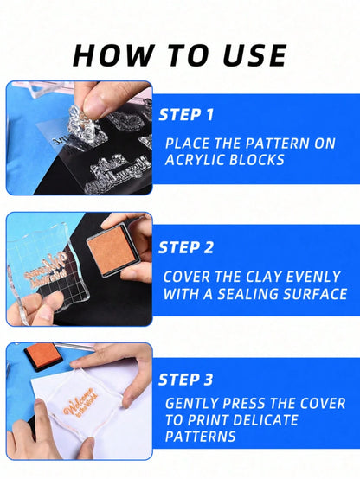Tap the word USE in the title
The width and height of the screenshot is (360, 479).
(254, 55)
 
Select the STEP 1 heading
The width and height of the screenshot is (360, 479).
(186, 115)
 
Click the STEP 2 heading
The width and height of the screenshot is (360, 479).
(186, 247)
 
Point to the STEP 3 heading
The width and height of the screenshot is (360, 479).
(186, 380)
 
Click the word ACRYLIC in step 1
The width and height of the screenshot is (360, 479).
(195, 160)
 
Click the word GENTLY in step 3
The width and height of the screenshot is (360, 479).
(191, 403)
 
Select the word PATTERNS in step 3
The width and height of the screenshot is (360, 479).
(201, 437)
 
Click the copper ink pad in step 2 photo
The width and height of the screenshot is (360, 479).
(113, 250)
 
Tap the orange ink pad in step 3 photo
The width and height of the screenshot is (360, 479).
(43, 356)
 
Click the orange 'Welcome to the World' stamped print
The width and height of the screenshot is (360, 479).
(81, 402)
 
